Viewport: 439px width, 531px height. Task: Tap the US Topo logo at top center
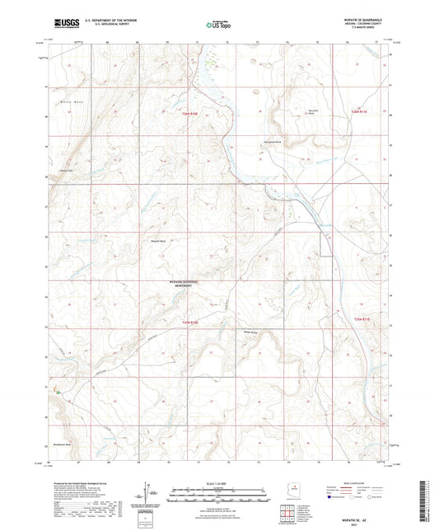pos(218,26)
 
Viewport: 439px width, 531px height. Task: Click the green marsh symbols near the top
pos(213,60)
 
